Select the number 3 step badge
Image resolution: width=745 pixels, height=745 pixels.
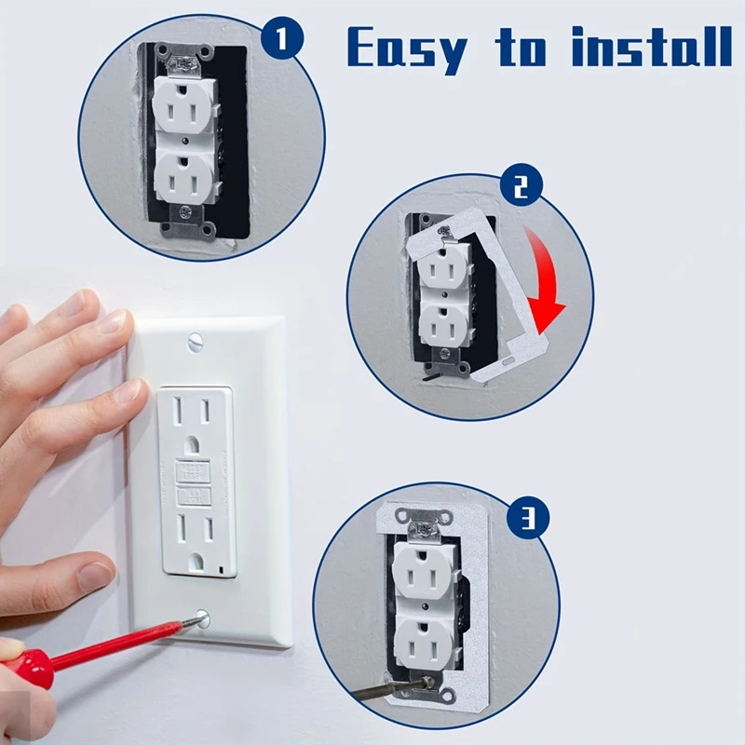pyautogui.click(x=529, y=517)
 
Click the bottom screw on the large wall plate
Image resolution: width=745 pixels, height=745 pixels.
pyautogui.click(x=201, y=617)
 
